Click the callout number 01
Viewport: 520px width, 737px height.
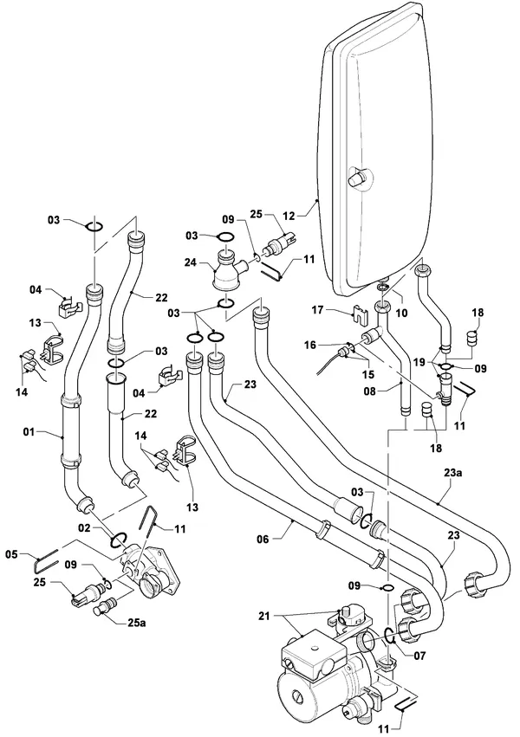(x=29, y=430)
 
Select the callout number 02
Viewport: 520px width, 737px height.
(x=84, y=528)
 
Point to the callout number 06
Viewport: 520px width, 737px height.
(x=263, y=540)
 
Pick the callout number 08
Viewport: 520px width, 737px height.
(x=370, y=391)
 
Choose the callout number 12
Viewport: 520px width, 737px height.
(x=289, y=216)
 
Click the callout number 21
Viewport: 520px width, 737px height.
(x=264, y=615)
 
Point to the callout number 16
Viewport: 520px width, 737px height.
(x=310, y=346)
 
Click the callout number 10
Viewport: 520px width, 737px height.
(x=402, y=312)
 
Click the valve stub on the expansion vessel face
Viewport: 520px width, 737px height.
(x=357, y=178)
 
